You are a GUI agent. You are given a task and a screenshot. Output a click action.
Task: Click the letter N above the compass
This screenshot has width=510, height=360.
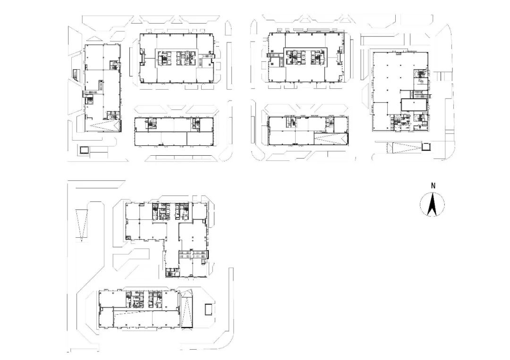click(x=433, y=186)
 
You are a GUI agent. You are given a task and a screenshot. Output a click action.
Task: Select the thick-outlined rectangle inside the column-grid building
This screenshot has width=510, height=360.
click(x=413, y=105)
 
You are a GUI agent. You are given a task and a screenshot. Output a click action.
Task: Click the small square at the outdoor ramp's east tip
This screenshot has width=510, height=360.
click(x=426, y=147)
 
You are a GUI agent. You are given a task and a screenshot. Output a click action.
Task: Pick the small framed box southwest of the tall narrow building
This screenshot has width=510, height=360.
click(x=84, y=150)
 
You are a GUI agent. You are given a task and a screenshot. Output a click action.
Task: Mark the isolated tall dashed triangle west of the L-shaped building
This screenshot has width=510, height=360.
click(x=81, y=225)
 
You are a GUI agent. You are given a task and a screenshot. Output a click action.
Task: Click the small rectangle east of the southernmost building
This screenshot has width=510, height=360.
click(x=208, y=309)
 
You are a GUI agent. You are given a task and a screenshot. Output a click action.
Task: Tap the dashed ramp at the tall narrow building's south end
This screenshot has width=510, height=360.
click(x=104, y=125)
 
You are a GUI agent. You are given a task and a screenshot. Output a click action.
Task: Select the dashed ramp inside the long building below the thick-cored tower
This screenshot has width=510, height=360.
click(x=331, y=139)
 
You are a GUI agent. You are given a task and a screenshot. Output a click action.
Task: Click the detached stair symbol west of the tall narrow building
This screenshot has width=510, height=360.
click(x=76, y=74)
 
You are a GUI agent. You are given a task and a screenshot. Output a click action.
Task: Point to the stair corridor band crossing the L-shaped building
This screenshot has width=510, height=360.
click(x=193, y=254)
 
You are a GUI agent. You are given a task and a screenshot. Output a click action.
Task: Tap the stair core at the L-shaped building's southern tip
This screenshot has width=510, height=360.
click(x=172, y=272)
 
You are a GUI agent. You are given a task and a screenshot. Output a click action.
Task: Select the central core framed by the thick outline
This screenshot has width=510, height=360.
click(x=305, y=58)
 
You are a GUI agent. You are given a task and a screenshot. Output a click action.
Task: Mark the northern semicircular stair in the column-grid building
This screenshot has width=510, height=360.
click(x=420, y=75)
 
